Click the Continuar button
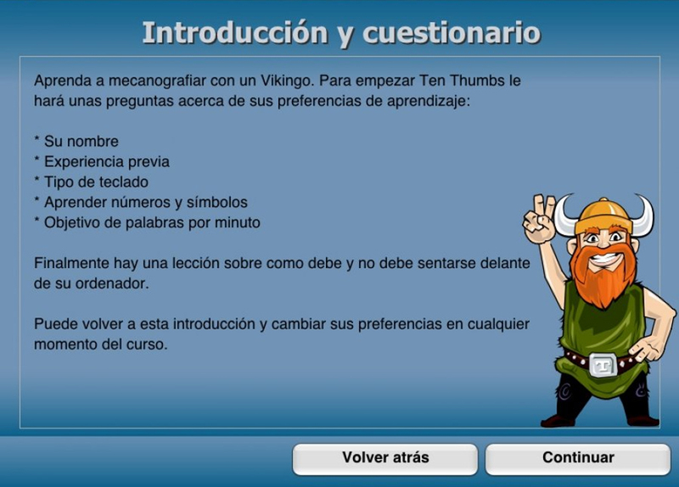point(578,458)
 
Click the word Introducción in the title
point(235,33)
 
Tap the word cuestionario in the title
point(452,33)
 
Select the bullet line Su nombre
point(76,141)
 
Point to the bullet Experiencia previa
point(102,162)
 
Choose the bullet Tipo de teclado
point(91,182)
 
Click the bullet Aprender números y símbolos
point(141,202)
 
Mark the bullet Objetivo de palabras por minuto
point(147,222)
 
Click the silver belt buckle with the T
point(603,366)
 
